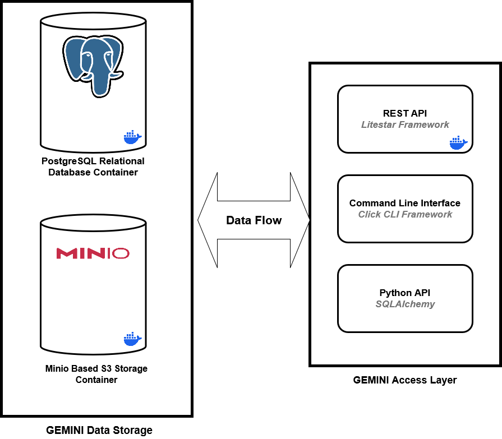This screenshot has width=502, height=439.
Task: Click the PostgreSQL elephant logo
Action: click(x=92, y=65)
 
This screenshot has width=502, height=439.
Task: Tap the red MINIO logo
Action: click(x=93, y=253)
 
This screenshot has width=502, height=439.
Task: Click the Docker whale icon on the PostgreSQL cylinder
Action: click(x=132, y=136)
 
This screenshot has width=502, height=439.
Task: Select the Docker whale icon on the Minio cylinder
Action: click(x=132, y=339)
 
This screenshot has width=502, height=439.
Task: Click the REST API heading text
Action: click(x=405, y=114)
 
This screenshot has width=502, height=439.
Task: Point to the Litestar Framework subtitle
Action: click(x=405, y=124)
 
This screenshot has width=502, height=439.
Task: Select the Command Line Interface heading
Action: click(x=405, y=203)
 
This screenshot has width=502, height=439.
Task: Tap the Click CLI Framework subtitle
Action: click(x=405, y=214)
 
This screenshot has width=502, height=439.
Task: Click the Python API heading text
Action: click(x=405, y=293)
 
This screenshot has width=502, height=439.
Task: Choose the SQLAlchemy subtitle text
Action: click(x=405, y=304)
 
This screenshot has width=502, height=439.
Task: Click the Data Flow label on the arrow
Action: click(x=254, y=220)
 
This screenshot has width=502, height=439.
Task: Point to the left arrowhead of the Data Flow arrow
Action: click(x=205, y=220)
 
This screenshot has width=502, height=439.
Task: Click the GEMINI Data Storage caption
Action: click(x=99, y=431)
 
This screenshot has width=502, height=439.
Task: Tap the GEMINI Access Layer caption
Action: click(x=405, y=380)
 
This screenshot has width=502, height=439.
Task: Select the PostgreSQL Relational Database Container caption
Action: click(x=93, y=167)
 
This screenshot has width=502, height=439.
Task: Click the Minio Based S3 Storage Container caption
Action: click(x=96, y=374)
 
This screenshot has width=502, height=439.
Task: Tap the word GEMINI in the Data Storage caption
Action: click(x=64, y=431)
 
